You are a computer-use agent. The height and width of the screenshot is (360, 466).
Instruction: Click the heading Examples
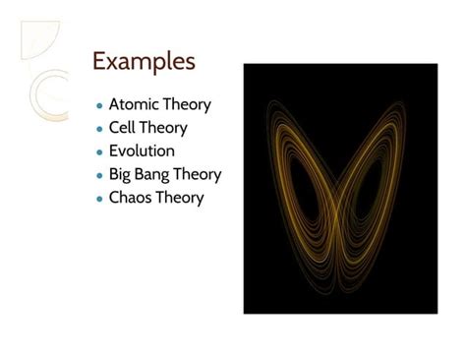click(x=144, y=61)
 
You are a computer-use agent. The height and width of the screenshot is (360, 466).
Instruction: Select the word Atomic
click(x=133, y=104)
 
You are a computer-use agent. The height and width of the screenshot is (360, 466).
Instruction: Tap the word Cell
click(x=122, y=128)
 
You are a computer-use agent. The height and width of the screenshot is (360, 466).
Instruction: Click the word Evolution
click(x=142, y=151)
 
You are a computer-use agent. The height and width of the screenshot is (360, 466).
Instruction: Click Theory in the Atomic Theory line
click(x=186, y=104)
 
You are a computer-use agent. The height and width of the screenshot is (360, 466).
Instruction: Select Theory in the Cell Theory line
click(x=163, y=128)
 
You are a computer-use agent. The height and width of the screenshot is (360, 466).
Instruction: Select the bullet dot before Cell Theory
click(x=99, y=129)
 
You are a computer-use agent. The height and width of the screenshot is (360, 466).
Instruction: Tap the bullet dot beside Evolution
click(x=99, y=152)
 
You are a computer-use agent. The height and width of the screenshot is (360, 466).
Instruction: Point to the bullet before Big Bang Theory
click(x=99, y=176)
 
